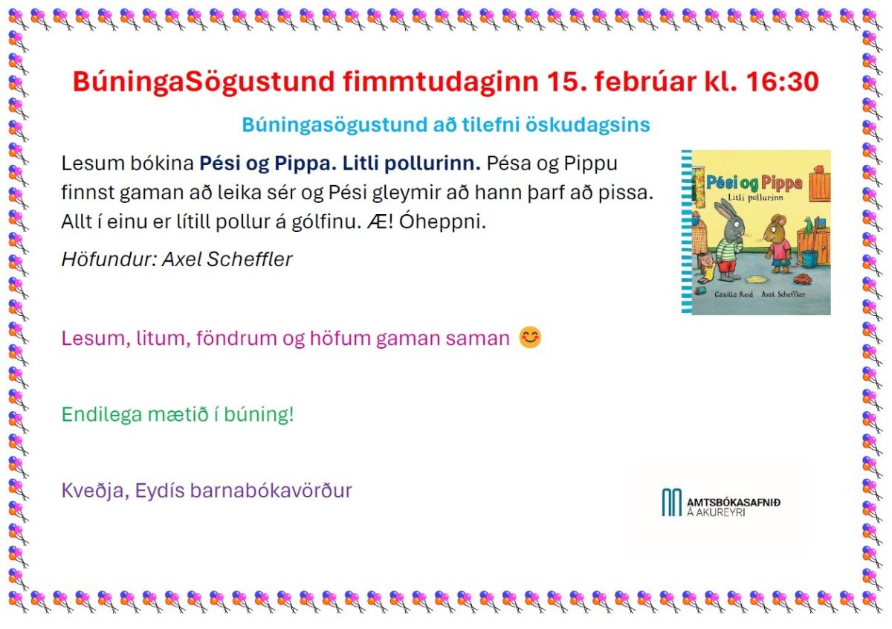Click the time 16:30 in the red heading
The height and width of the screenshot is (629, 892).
point(783,82)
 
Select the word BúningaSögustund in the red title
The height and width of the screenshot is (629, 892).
point(204,83)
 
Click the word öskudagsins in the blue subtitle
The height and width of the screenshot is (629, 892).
point(588,126)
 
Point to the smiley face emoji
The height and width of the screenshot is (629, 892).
point(530,338)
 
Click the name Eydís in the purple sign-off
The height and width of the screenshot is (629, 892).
point(160,491)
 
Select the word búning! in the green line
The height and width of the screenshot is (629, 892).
point(259,414)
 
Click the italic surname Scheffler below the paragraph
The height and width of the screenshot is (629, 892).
point(250,259)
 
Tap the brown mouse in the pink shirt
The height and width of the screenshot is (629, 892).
point(778,244)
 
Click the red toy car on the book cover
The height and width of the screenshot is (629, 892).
point(801,279)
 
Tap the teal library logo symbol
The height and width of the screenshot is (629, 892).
point(672,503)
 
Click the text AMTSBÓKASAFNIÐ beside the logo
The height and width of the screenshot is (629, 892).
point(734,503)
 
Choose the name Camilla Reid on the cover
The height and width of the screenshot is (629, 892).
point(734,294)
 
